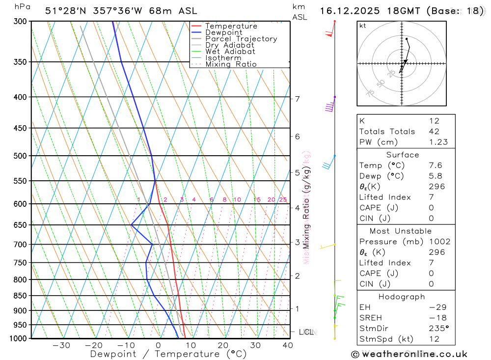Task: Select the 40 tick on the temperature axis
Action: click(288, 345)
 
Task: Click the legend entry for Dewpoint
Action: click(224, 32)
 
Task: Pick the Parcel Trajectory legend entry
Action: click(241, 39)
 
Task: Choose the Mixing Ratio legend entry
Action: click(231, 64)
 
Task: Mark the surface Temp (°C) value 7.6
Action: click(435, 166)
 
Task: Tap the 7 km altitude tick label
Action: click(297, 99)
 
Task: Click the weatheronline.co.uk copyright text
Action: click(409, 354)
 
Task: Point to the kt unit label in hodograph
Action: click(363, 26)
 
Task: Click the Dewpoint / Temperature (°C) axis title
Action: click(168, 354)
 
